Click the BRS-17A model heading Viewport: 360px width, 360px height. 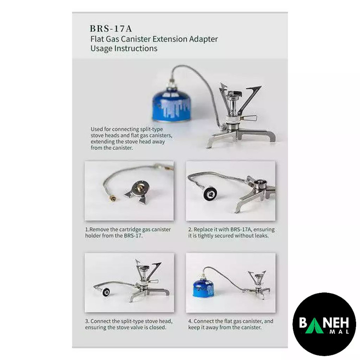(x=111, y=28)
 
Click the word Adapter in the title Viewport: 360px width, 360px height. (x=203, y=39)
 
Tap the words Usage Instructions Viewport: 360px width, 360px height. (x=124, y=48)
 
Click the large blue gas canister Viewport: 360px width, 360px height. (x=171, y=105)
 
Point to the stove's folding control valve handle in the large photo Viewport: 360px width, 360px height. (x=249, y=118)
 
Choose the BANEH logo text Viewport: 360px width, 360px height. (x=324, y=323)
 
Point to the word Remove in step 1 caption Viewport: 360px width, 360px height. (x=99, y=229)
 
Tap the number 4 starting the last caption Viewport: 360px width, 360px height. (x=190, y=321)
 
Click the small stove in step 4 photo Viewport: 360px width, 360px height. (x=258, y=285)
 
